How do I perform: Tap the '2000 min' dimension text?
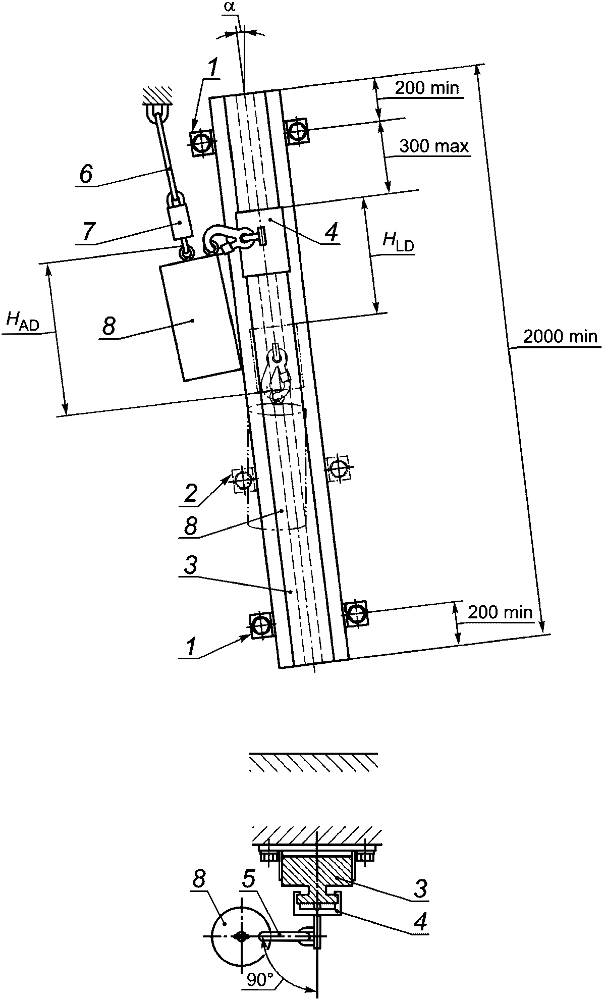pos(560,337)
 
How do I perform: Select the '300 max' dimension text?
pos(434,147)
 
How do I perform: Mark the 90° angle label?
pos(261,980)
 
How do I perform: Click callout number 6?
pos(86,175)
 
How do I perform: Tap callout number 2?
pos(190,493)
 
